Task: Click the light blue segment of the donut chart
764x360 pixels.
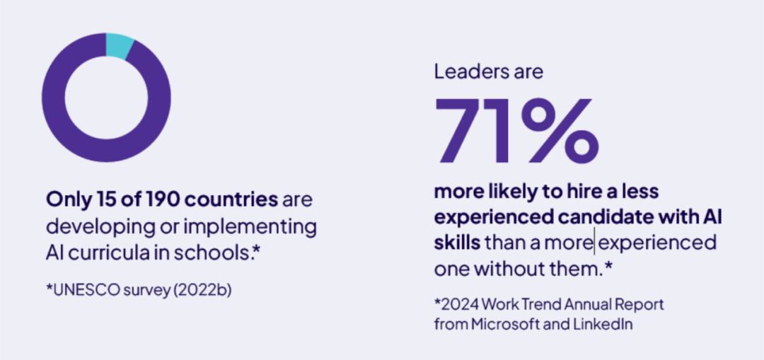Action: pyautogui.click(x=119, y=45)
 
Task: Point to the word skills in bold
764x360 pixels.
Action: pyautogui.click(x=457, y=243)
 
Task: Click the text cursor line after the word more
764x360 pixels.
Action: pyautogui.click(x=594, y=243)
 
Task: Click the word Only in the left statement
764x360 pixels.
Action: pyautogui.click(x=65, y=199)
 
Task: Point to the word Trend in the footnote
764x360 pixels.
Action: pyautogui.click(x=531, y=305)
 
